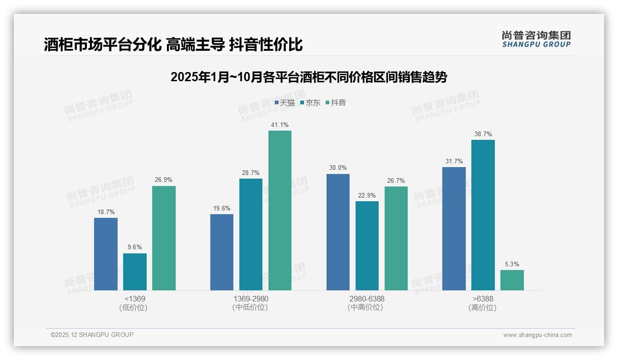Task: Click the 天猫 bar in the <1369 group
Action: coord(106,254)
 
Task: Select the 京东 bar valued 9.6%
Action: coord(135,272)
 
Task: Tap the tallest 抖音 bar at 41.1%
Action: coord(280,210)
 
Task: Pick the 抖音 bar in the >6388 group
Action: coord(512,280)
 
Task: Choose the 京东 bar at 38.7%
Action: coord(483,215)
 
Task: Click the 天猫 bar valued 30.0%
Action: coord(338,232)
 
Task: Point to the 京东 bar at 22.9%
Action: coord(367,246)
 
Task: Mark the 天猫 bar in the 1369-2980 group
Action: coord(222,252)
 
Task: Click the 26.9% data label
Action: coord(164,180)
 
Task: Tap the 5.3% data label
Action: coord(512,264)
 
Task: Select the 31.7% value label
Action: coord(454,162)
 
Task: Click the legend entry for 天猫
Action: coord(285,103)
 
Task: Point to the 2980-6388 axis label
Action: coord(367,299)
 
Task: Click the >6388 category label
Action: coord(482,299)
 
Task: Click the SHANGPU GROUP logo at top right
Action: coord(536,39)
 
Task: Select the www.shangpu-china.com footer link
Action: coord(537,335)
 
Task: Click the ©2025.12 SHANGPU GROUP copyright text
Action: coord(92,335)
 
